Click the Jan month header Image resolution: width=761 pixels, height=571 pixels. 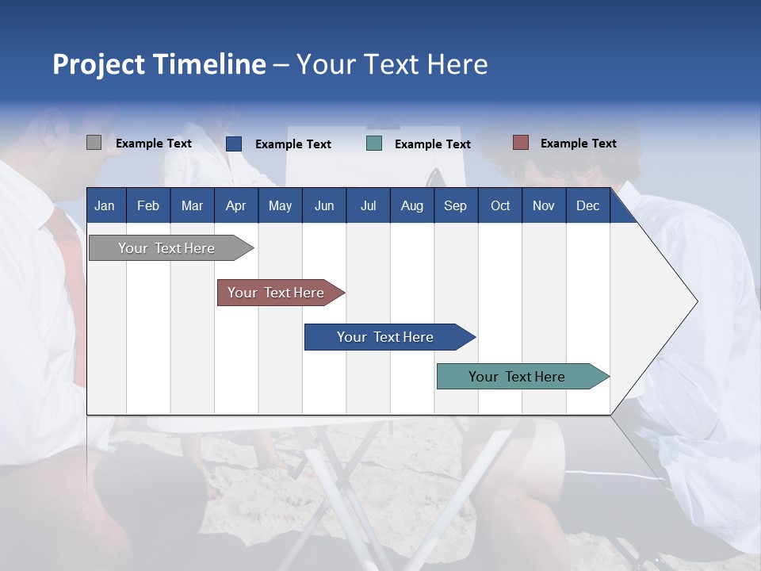coord(105,205)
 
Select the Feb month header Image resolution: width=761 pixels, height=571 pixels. coord(148,205)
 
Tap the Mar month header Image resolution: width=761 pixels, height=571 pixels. coord(192,205)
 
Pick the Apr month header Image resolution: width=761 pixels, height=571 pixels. coord(236,205)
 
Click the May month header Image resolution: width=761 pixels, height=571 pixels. coord(280,205)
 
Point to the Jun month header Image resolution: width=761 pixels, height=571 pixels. coord(324,205)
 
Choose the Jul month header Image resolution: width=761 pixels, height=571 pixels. coord(368,205)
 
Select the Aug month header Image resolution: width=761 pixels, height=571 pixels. coord(412,205)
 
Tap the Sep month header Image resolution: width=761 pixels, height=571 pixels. coord(456,205)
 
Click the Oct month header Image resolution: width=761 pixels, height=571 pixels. coord(500,205)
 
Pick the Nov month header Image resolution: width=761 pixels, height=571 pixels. coord(544,205)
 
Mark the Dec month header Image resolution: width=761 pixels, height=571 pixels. coord(588,205)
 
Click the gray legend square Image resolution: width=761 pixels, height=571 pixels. coord(94,143)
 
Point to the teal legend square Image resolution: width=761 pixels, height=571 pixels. coord(374,144)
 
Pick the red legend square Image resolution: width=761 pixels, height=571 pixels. coord(520,143)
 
